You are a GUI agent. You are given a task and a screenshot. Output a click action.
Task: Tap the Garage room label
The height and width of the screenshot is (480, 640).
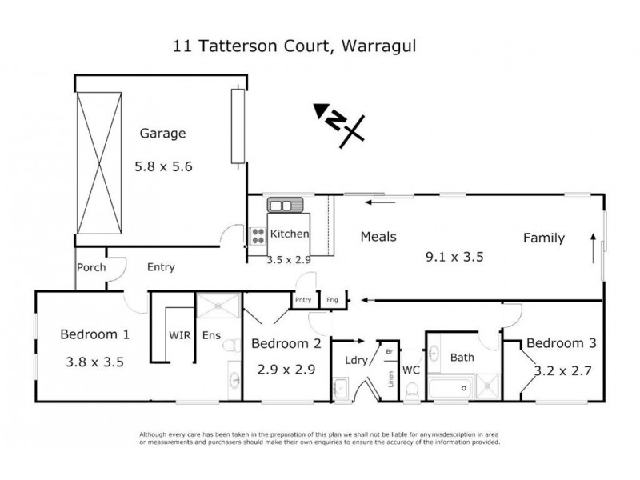(162, 134)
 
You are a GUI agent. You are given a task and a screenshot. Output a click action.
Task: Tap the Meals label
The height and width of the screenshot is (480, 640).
(378, 237)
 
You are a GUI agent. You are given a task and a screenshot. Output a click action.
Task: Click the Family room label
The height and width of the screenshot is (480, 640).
(543, 238)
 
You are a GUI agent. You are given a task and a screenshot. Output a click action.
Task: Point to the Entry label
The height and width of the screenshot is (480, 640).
(161, 267)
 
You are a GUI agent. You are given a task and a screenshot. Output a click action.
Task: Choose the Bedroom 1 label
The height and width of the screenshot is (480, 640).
(94, 335)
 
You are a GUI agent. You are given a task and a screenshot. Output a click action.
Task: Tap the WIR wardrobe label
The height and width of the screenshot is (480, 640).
(178, 335)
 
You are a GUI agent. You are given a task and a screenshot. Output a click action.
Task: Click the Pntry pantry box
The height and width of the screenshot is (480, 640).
(302, 300)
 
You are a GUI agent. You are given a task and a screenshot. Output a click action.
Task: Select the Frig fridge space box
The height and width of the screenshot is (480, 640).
(330, 300)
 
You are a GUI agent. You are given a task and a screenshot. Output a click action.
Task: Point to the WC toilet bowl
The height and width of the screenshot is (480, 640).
(412, 390)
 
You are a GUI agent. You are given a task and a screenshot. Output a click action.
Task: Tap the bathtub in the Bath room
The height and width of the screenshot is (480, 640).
(451, 390)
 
